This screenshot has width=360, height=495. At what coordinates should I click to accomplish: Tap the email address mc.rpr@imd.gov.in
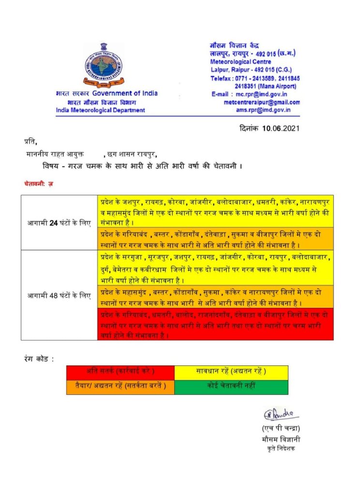259,94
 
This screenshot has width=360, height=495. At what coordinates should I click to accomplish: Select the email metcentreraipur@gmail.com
262,102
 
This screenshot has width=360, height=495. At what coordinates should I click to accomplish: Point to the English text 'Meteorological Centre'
237,62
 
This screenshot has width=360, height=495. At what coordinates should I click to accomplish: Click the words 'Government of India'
125,93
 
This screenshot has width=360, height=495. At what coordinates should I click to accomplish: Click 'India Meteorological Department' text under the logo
100,110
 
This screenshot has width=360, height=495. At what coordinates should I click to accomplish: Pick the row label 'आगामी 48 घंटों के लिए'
59,295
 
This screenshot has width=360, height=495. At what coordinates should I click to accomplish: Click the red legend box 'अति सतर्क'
120,371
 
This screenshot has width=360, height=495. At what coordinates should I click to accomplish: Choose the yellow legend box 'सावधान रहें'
231,371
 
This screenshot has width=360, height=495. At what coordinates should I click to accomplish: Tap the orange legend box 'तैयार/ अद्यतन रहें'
120,386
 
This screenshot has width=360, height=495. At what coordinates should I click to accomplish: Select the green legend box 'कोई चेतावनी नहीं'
231,386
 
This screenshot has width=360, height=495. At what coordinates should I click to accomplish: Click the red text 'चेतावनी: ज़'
38,184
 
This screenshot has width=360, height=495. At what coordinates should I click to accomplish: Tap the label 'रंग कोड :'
39,359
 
